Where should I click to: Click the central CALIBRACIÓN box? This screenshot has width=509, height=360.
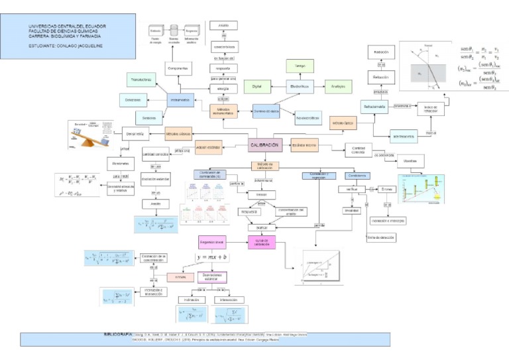point(264,145)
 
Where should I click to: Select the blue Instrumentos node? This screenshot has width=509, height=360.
point(180,99)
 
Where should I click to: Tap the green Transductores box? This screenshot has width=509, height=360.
point(141,79)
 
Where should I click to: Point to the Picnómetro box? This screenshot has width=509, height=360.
point(121,161)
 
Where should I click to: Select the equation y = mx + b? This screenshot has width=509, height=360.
point(211,257)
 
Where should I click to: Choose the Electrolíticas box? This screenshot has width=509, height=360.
point(300,86)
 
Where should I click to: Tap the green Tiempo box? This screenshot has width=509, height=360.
point(300,66)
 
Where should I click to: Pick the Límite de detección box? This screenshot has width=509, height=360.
point(380,237)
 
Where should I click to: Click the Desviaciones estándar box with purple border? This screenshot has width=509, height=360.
point(212,276)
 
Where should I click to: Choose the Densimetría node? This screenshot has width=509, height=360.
point(135,135)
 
